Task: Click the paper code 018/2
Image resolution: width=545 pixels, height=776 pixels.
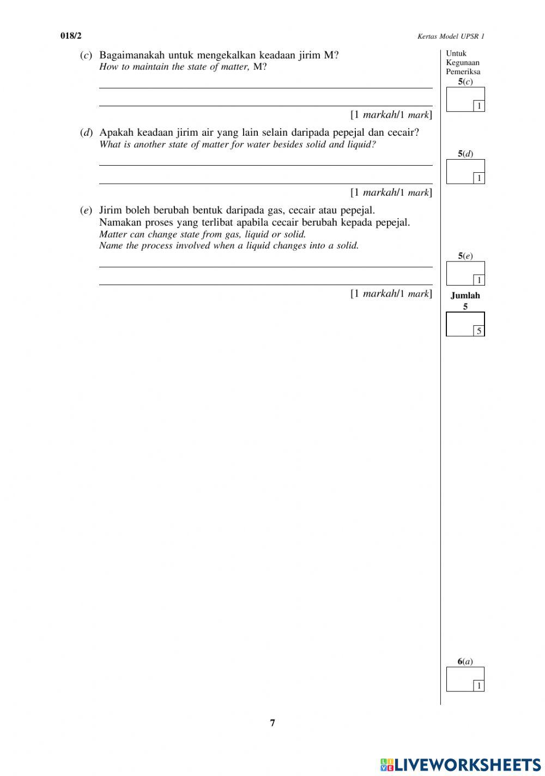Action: click(70, 36)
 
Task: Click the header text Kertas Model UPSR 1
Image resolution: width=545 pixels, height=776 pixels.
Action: click(451, 37)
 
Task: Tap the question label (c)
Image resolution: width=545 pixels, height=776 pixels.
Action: click(86, 56)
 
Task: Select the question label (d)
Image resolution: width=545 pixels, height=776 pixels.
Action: click(86, 133)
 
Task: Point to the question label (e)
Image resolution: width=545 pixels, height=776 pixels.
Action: click(86, 210)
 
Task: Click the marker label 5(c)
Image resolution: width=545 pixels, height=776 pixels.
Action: click(465, 81)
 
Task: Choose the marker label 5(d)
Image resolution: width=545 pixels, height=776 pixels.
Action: click(465, 154)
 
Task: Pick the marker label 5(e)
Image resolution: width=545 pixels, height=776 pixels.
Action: click(465, 256)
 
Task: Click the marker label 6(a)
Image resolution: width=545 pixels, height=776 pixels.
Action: click(465, 662)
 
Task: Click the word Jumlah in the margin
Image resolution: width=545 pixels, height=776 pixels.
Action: click(465, 295)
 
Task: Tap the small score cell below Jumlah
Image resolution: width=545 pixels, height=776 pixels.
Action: click(479, 331)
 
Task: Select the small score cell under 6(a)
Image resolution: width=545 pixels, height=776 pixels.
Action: click(479, 686)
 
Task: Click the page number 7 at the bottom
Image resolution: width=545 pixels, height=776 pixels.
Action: click(272, 723)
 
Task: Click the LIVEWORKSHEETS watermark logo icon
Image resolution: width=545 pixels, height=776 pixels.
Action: click(386, 764)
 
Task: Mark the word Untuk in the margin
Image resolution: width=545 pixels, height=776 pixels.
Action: click(456, 53)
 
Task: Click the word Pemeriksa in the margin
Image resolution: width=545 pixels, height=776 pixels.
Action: click(463, 71)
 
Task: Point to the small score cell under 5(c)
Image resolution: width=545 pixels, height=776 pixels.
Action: click(479, 106)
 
